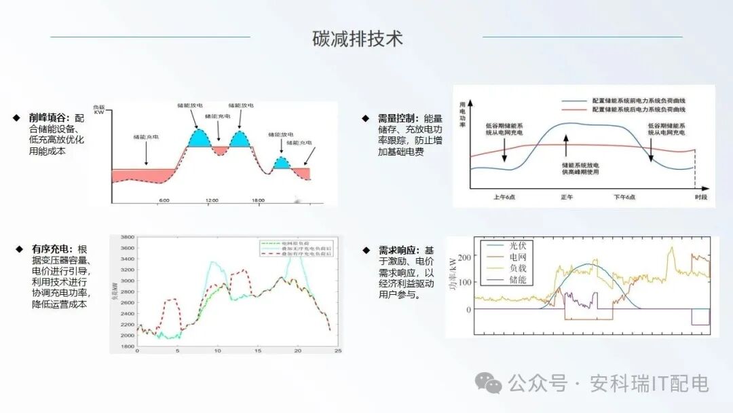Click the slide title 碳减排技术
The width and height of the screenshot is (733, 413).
pos(358,39)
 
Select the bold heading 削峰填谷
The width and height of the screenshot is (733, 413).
pos(48,118)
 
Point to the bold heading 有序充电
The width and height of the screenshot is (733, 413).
pos(50,249)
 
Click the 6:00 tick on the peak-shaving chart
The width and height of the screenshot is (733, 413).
pos(164,200)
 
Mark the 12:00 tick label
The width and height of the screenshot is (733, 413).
pos(212,200)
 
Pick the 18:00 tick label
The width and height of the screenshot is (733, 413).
pos(258,200)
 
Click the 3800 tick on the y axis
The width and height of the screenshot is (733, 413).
pos(127,238)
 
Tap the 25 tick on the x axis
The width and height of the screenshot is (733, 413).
pos(337,351)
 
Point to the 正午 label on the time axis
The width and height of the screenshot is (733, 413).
pos(567,197)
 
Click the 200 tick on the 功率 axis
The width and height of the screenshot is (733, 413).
pos(464,257)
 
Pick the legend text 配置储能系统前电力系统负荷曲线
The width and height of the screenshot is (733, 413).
pos(639,99)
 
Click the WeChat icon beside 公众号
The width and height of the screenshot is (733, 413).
pos(489,383)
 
